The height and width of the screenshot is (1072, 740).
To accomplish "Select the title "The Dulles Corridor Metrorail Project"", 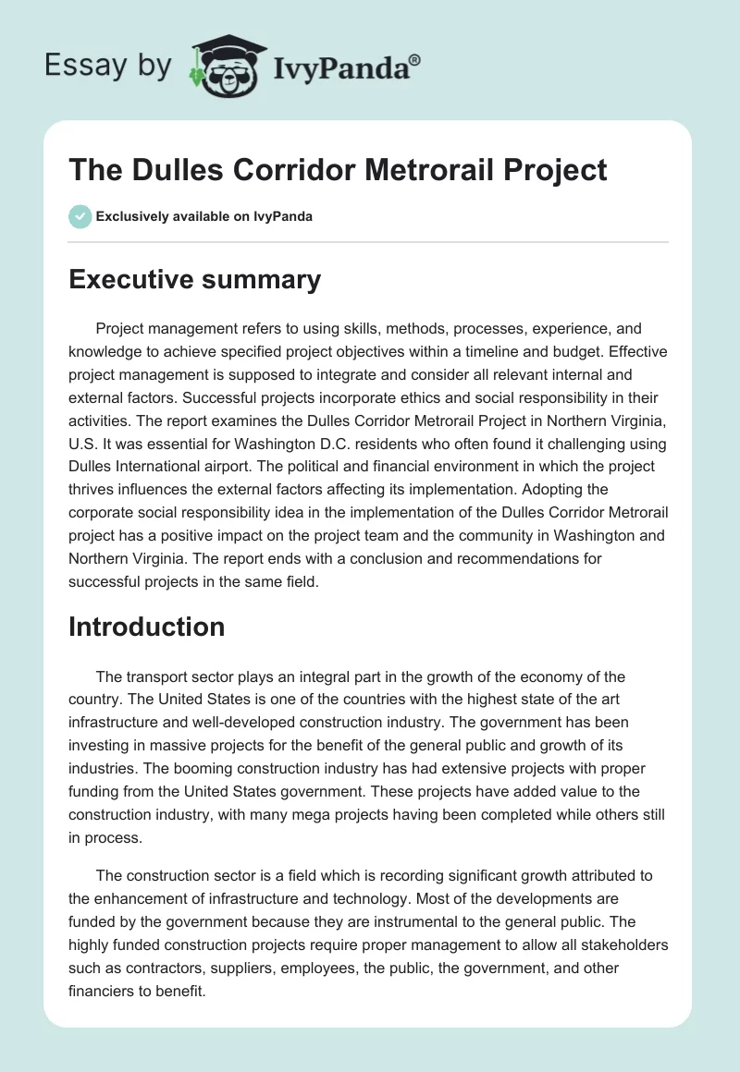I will [338, 170].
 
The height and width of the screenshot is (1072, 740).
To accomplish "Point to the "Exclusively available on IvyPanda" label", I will [203, 216].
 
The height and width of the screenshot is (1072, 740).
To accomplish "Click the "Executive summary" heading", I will [194, 280].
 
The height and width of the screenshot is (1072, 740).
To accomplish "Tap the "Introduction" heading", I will [146, 627].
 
